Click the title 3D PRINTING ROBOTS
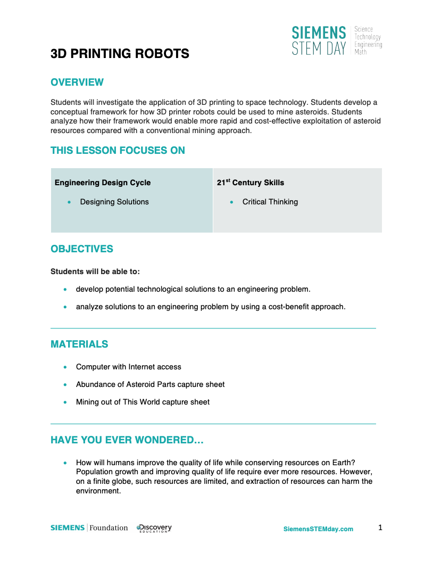(120, 54)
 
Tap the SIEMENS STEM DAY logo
(336, 41)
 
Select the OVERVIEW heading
(77, 82)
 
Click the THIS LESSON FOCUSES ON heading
(118, 151)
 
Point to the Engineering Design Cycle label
(103, 183)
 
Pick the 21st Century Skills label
(251, 183)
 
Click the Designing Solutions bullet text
(114, 202)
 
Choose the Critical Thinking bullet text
(270, 202)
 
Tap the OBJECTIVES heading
(82, 249)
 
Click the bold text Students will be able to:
(95, 271)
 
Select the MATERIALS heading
(79, 344)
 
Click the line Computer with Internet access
(129, 367)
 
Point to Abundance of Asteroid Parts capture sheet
(151, 384)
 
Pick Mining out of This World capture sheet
(143, 402)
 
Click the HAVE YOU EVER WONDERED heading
(127, 440)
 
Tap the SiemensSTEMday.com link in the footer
(318, 529)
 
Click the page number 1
(380, 527)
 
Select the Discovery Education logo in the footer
(154, 528)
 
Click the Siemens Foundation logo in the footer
(89, 528)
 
